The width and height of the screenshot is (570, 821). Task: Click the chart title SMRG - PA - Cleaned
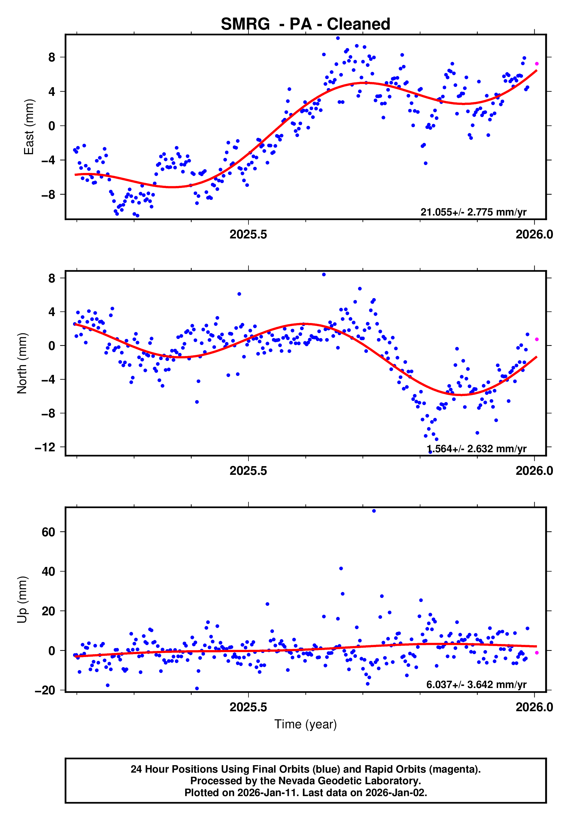(x=305, y=24)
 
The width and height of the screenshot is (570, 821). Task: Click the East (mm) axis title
(x=29, y=127)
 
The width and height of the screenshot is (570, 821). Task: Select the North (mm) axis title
(x=22, y=363)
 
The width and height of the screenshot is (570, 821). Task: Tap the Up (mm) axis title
(x=22, y=599)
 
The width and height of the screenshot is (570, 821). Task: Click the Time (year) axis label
(x=305, y=724)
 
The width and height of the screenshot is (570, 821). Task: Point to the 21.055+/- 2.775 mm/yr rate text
(x=473, y=212)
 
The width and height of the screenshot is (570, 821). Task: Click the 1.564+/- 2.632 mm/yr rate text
(x=476, y=448)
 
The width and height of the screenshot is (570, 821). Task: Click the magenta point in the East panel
(x=536, y=64)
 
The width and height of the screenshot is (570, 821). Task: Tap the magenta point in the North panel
(x=536, y=339)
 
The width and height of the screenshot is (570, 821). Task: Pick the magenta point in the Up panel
(x=536, y=653)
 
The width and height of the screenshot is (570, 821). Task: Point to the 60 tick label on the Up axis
(x=48, y=532)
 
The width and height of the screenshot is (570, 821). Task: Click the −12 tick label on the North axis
(x=45, y=447)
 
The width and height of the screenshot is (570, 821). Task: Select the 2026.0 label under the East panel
(x=534, y=234)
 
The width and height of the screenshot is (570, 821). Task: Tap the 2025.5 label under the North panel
(x=248, y=471)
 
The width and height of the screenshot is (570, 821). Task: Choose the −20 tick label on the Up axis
(x=45, y=690)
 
